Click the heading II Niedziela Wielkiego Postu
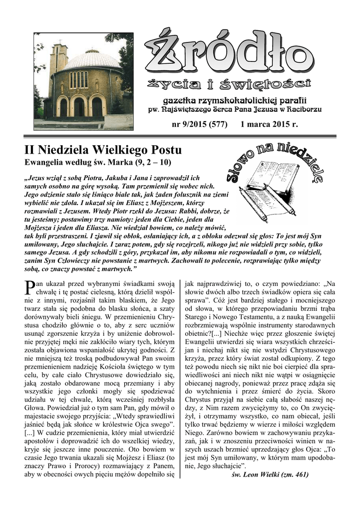click(x=103, y=150)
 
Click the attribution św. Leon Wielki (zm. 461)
click(x=270, y=475)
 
